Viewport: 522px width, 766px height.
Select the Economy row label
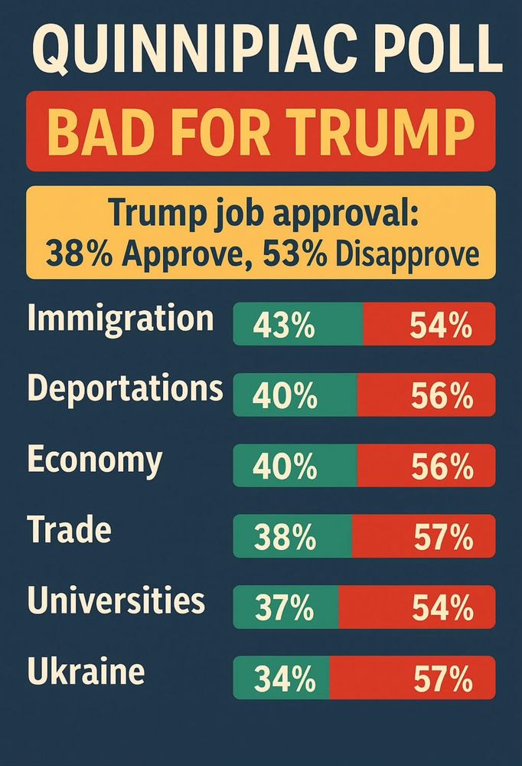pyautogui.click(x=95, y=460)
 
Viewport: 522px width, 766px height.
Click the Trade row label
pyautogui.click(x=69, y=530)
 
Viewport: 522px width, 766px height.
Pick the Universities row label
pyautogui.click(x=116, y=601)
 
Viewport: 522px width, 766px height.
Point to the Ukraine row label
pyautogui.click(x=86, y=672)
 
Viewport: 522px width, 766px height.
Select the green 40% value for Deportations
pyautogui.click(x=284, y=397)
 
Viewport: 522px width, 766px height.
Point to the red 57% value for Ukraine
pyautogui.click(x=442, y=680)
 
